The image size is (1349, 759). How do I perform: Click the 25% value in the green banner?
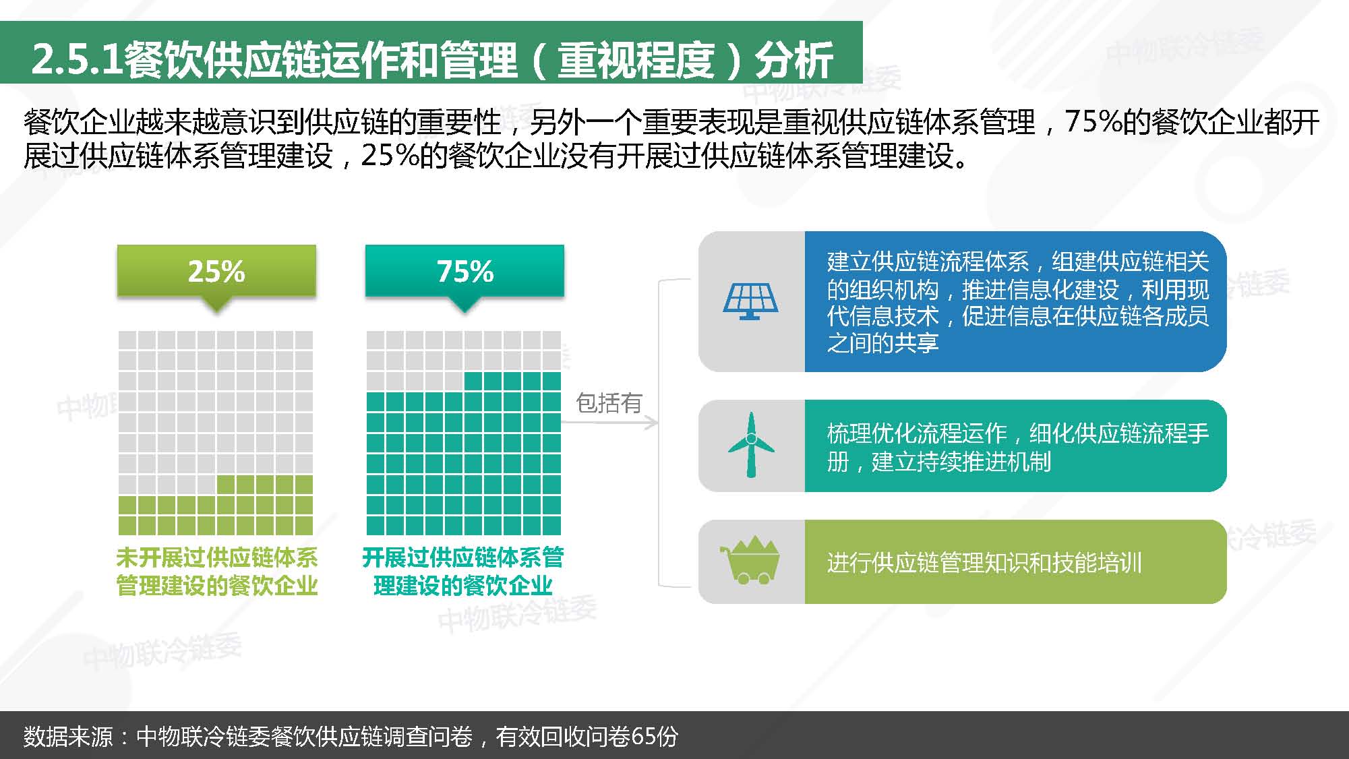pos(216,271)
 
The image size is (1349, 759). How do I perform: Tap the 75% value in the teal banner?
pos(465,271)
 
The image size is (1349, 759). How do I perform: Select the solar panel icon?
pos(750,301)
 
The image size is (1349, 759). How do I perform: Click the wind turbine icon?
pos(751,445)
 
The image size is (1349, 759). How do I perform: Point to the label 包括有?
pos(609,402)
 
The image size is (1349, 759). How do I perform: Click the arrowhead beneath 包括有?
pos(651,423)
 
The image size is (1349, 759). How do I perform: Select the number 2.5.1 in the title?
pos(77,59)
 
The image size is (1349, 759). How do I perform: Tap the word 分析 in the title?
pos(794,59)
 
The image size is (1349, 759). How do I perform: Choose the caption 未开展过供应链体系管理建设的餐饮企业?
pos(216,571)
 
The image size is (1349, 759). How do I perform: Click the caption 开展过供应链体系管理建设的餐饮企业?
pos(463,571)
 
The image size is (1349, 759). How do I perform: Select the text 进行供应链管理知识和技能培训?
pos(984,562)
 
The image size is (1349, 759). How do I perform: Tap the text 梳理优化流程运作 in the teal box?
pos(917,433)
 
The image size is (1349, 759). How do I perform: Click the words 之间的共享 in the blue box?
pos(883,343)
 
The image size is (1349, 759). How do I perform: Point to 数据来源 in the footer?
pos(68,736)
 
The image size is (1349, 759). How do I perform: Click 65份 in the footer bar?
pos(655,736)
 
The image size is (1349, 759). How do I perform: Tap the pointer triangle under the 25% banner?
pos(216,304)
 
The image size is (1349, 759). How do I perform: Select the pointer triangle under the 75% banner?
pos(464,304)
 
